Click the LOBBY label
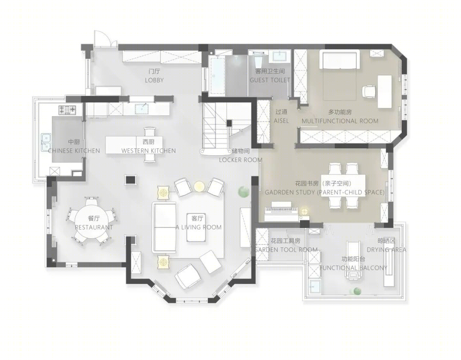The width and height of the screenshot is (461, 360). [x=154, y=80]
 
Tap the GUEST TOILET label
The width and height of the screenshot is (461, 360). [x=270, y=80]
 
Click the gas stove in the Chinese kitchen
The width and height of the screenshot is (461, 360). [x=67, y=110]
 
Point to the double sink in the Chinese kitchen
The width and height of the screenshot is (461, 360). [x=46, y=142]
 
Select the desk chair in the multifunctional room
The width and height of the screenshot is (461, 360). [x=369, y=91]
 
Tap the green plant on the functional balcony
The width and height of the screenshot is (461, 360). [x=356, y=291]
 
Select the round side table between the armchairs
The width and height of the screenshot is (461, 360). [x=199, y=186]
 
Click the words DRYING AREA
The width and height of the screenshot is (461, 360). [x=386, y=250]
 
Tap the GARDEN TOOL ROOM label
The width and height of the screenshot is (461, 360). [x=286, y=250]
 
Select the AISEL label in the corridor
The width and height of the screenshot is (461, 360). [x=281, y=120]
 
